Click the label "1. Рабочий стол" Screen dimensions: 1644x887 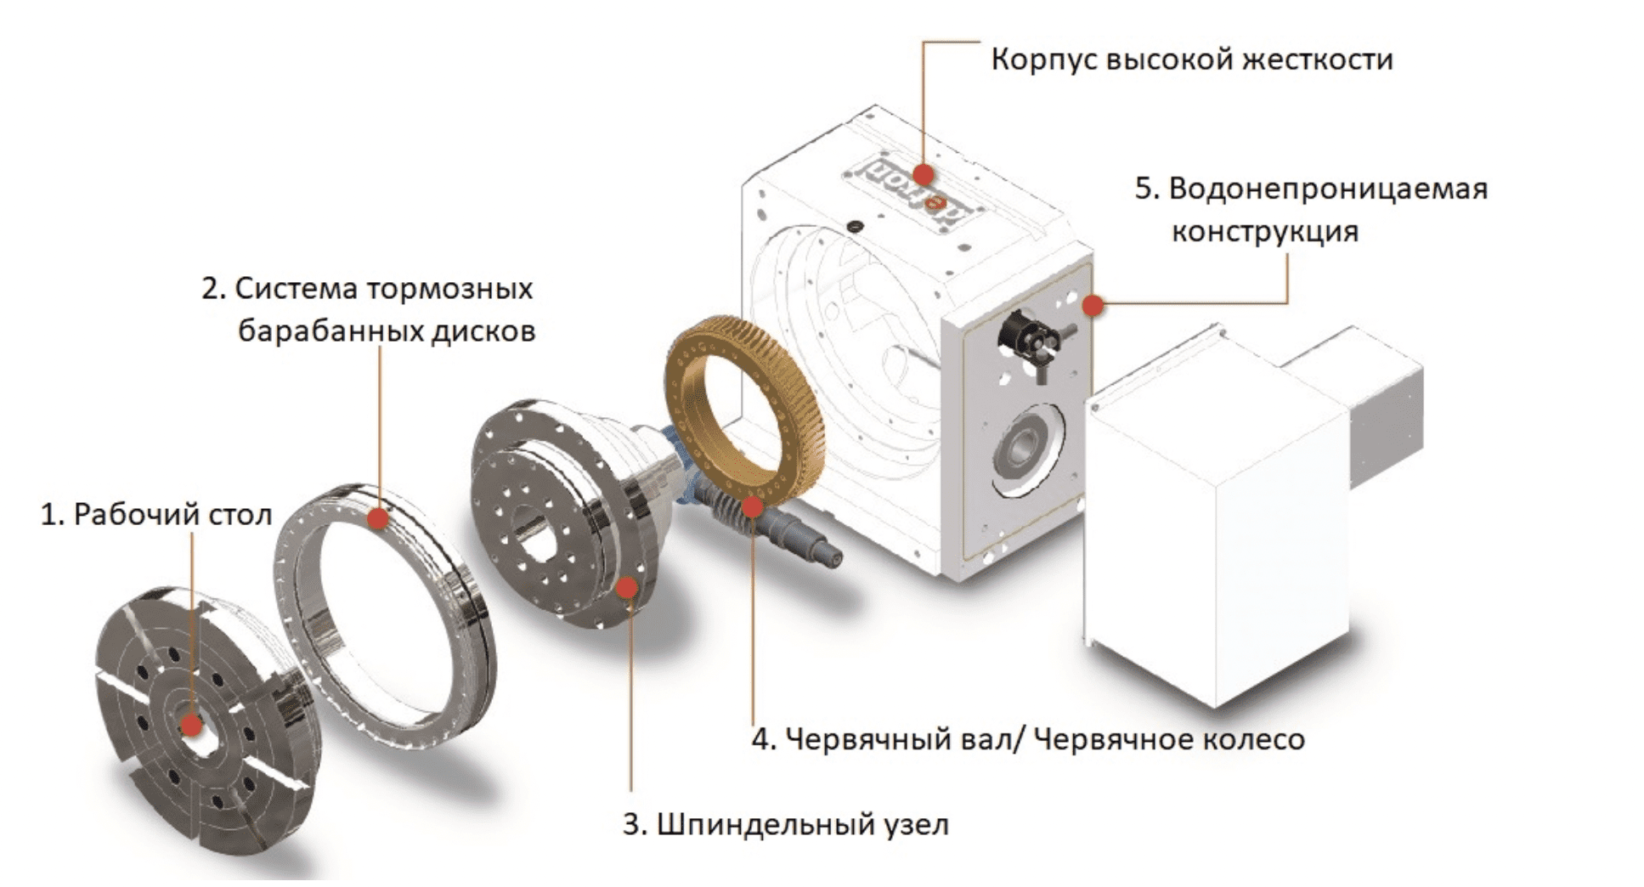pos(156,514)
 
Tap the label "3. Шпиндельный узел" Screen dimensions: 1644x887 pos(785,824)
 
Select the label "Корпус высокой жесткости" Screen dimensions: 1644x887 pos(1191,60)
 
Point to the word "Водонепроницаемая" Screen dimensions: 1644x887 pos(1328,189)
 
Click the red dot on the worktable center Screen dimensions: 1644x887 pos(192,725)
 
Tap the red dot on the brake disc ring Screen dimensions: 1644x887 pos(378,518)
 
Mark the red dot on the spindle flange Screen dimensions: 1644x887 pos(627,587)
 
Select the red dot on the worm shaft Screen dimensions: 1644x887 pos(752,507)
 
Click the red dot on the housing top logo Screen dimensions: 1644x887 pos(924,175)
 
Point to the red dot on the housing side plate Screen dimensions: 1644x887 pos(1094,304)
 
